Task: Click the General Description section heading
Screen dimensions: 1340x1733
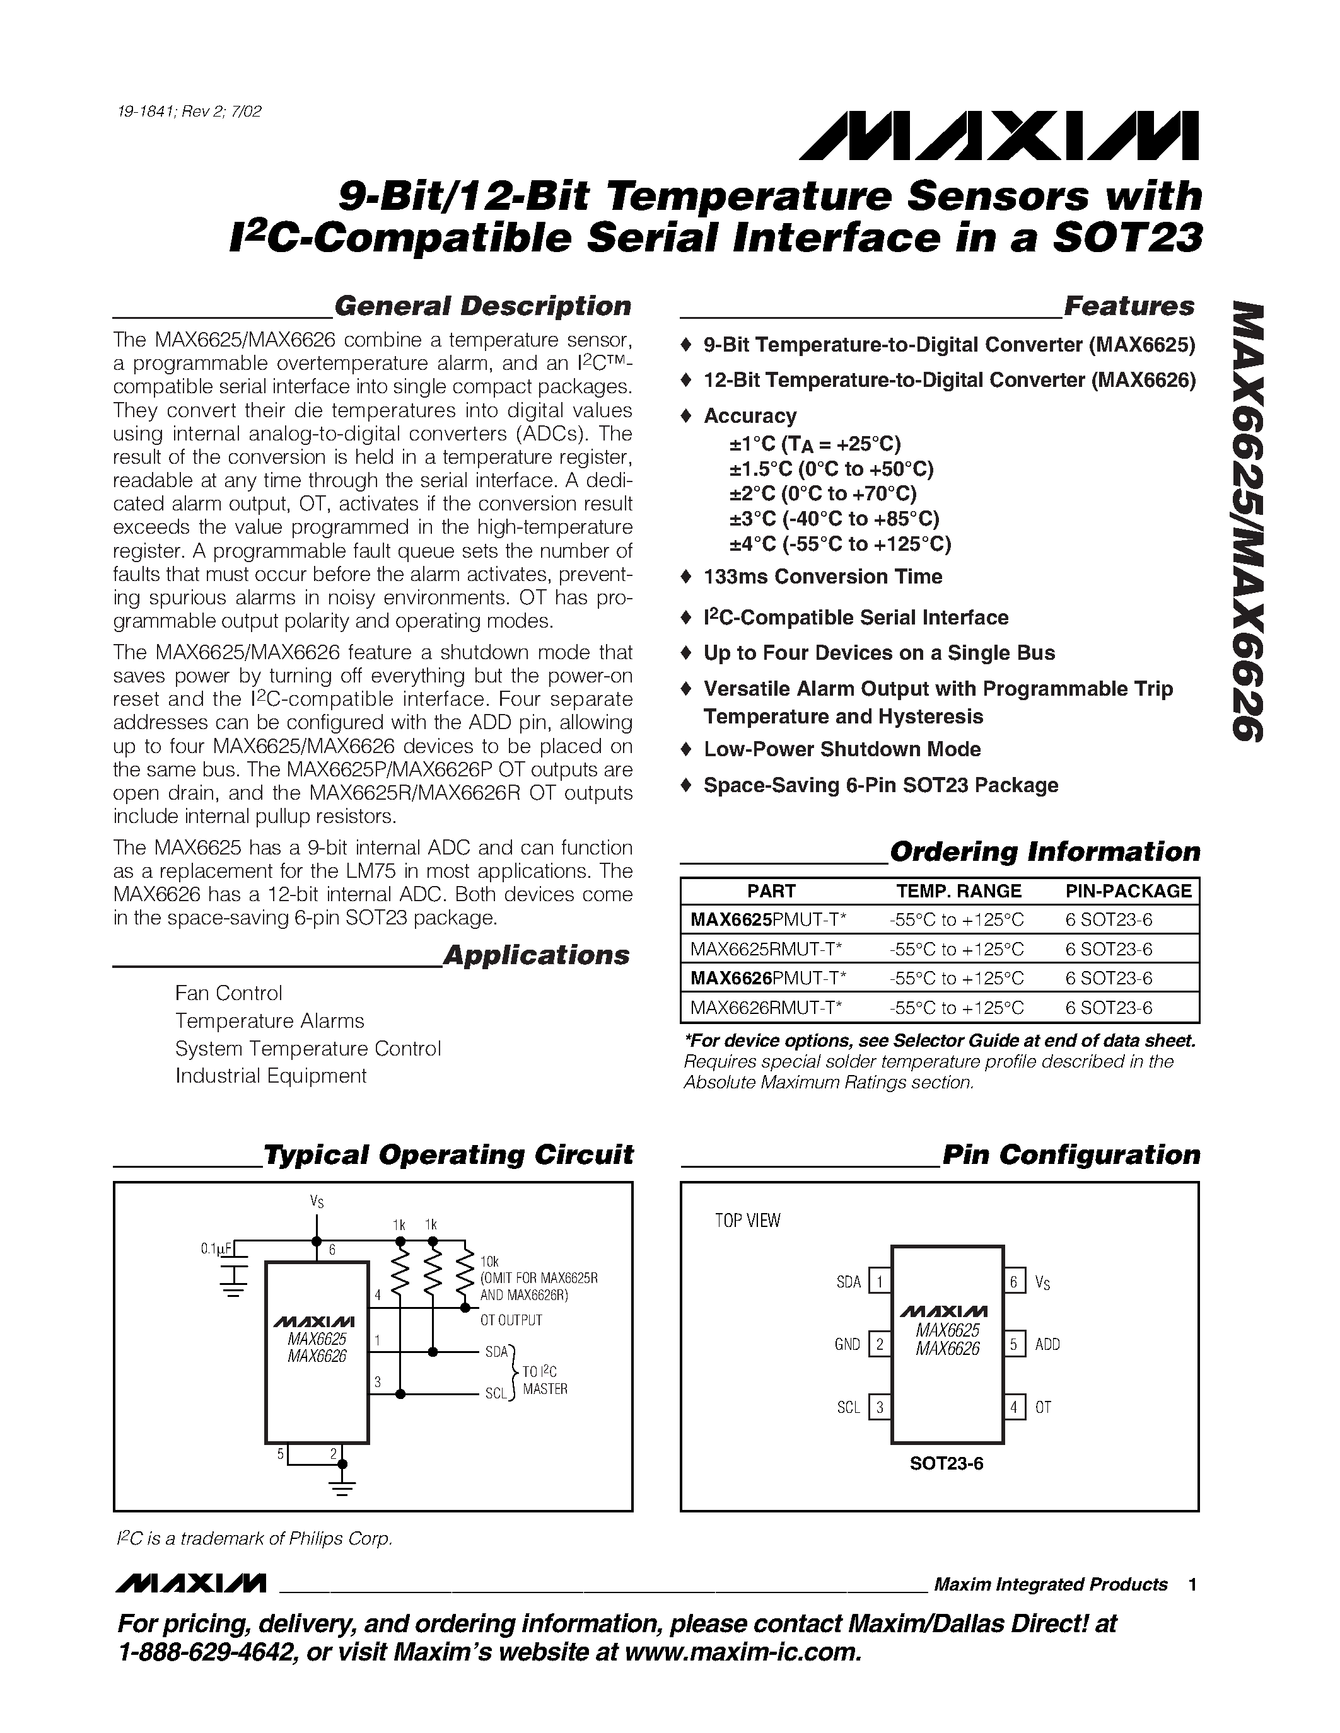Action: [x=482, y=306]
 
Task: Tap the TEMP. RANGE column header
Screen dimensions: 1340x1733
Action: [x=958, y=891]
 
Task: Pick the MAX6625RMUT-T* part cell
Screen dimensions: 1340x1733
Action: [x=766, y=949]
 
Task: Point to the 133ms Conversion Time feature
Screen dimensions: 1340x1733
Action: [x=822, y=577]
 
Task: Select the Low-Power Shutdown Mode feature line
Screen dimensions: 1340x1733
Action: [x=841, y=749]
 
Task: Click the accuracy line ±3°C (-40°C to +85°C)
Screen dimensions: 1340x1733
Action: [x=834, y=519]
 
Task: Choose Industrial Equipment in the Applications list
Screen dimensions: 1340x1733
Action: [x=271, y=1076]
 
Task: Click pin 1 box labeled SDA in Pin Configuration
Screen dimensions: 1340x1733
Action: [x=880, y=1282]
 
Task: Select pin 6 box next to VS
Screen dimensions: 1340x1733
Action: [x=1014, y=1282]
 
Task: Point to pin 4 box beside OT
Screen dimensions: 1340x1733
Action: [x=1014, y=1408]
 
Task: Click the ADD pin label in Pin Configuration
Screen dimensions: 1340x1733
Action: [x=1047, y=1345]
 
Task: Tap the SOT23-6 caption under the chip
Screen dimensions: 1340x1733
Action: [x=947, y=1463]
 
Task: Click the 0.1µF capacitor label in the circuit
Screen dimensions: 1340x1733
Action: [x=215, y=1249]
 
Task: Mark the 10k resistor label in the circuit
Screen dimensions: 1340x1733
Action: [x=489, y=1262]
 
